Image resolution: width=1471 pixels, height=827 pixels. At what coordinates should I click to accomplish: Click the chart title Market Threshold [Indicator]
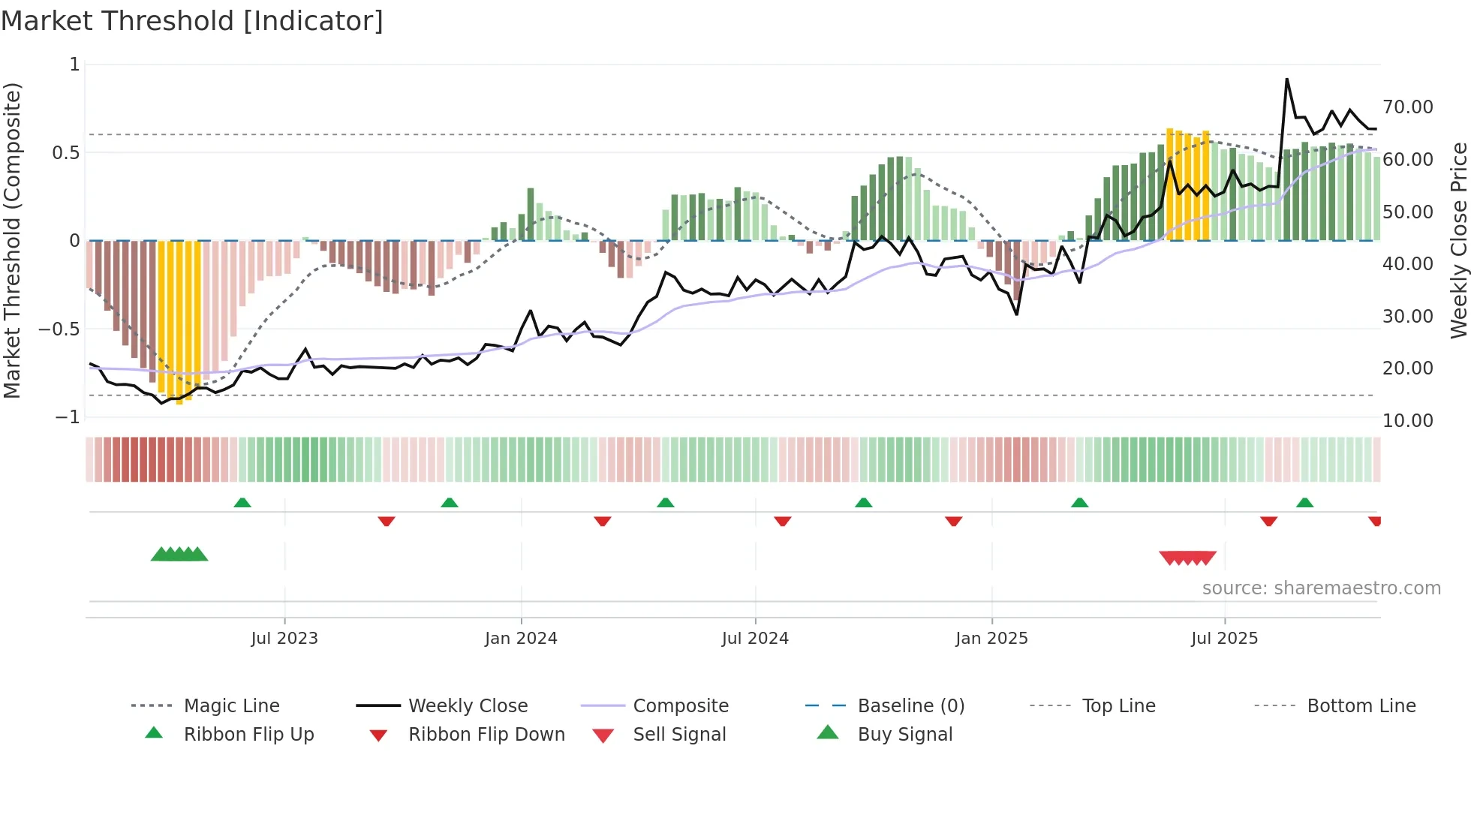click(x=192, y=21)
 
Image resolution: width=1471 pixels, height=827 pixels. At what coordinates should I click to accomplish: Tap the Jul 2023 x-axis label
click(x=284, y=639)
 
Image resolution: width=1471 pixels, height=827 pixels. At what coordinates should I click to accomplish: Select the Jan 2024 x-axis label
click(x=521, y=639)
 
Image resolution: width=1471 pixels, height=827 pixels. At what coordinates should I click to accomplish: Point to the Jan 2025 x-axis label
click(x=991, y=639)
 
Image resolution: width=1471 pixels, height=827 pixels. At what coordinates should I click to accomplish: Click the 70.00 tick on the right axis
click(x=1408, y=107)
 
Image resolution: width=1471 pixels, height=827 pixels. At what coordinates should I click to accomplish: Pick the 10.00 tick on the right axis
click(x=1408, y=421)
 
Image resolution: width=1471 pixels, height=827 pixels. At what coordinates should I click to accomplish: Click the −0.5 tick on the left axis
click(x=59, y=329)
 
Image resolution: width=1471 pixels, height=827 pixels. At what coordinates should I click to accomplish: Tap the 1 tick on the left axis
click(x=74, y=65)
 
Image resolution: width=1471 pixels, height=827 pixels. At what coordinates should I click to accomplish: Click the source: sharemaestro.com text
click(x=1321, y=588)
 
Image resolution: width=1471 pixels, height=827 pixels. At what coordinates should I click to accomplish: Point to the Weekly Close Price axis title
click(x=1458, y=240)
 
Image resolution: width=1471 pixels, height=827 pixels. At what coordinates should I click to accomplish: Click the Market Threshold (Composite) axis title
click(x=12, y=240)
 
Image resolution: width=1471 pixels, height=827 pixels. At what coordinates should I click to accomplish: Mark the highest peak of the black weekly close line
click(x=1286, y=79)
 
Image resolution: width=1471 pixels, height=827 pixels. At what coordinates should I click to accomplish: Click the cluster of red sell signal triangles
click(x=1187, y=558)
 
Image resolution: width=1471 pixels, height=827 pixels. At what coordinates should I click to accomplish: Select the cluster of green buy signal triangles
click(x=179, y=555)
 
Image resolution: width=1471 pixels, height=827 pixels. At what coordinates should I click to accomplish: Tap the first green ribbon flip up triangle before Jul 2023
click(x=242, y=503)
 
